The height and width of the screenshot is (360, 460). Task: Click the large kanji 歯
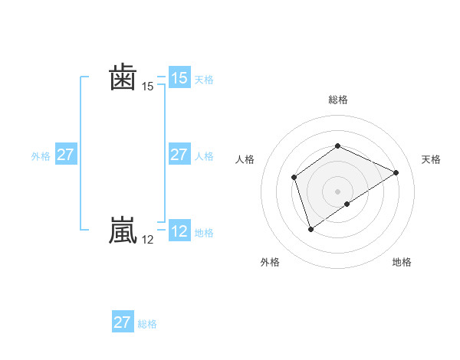123,78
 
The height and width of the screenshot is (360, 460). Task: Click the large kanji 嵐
123,231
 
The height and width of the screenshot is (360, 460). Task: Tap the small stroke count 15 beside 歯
148,87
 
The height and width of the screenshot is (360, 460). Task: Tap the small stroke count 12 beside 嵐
148,240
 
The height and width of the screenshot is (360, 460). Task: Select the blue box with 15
179,78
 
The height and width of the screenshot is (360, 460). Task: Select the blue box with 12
179,231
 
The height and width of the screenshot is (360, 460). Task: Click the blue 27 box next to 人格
179,155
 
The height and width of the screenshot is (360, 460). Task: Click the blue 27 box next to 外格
65,155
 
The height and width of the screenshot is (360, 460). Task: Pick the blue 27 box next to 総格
123,322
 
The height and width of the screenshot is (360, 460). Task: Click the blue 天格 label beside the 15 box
204,80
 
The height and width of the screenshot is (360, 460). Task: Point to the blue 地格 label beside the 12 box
204,233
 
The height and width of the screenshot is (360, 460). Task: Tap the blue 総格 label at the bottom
147,324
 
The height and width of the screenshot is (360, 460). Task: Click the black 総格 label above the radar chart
337,100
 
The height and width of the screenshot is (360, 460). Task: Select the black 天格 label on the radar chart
432,159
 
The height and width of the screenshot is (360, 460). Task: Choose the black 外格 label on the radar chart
270,262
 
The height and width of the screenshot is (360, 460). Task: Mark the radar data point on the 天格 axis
396,172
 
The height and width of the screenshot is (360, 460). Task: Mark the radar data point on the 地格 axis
347,204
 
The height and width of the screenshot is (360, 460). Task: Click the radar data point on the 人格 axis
294,178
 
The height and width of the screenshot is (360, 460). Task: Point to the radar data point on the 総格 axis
337,146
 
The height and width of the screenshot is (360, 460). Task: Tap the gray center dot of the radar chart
337,191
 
